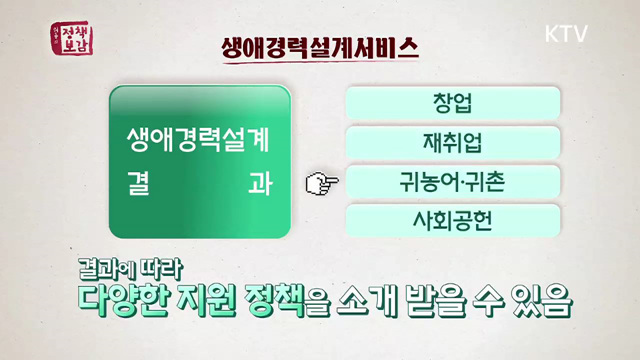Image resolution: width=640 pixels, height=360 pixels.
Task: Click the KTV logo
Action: pyautogui.click(x=566, y=33)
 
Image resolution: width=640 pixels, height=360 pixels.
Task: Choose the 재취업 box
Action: pyautogui.click(x=452, y=142)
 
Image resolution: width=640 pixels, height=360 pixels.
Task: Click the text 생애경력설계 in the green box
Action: pyautogui.click(x=199, y=136)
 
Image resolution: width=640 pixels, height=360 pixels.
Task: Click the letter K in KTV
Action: pyautogui.click(x=552, y=33)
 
